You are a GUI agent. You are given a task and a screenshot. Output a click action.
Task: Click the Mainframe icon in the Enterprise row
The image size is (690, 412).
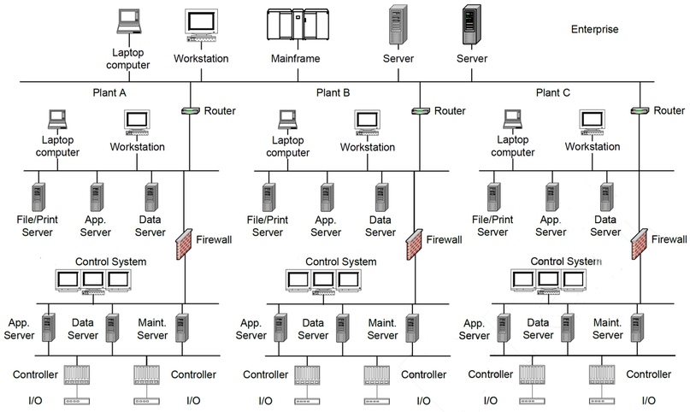pos(298,25)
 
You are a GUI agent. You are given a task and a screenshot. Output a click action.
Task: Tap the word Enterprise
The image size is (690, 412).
pos(594,29)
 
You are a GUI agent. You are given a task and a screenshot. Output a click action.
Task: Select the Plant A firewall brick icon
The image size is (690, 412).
pos(184,244)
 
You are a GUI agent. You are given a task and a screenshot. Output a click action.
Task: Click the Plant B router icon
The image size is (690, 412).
pos(421,111)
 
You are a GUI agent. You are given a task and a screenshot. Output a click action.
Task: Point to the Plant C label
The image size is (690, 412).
pos(552,93)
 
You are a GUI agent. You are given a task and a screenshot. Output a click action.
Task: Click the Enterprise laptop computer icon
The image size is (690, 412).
pos(129,22)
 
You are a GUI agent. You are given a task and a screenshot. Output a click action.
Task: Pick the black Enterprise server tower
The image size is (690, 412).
pos(472,25)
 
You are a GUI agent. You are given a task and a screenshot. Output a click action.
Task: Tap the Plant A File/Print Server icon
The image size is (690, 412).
pos(38,197)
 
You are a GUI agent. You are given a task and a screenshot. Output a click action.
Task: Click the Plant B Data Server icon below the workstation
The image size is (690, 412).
pos(382,197)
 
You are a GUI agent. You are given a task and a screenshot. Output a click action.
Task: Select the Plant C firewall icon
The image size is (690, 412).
pos(639,244)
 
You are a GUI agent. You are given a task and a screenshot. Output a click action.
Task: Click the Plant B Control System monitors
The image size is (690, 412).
pos(323,281)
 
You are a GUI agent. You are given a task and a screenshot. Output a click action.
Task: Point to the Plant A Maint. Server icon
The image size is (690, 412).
pos(182,327)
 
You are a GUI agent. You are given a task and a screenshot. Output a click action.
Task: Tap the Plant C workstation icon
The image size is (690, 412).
pos(593,122)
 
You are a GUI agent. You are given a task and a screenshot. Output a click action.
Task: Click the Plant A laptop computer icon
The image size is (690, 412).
pos(57,119)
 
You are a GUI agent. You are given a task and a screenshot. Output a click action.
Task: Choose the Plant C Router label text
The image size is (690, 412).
pos(669,110)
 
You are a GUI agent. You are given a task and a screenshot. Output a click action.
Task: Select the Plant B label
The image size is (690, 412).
pos(333,93)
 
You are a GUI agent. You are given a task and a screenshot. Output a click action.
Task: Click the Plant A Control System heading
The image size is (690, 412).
pos(111,262)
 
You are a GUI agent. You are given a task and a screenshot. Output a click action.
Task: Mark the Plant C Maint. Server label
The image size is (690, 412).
pos(608,329)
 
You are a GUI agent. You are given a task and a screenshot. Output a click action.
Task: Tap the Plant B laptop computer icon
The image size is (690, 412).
pos(288,119)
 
